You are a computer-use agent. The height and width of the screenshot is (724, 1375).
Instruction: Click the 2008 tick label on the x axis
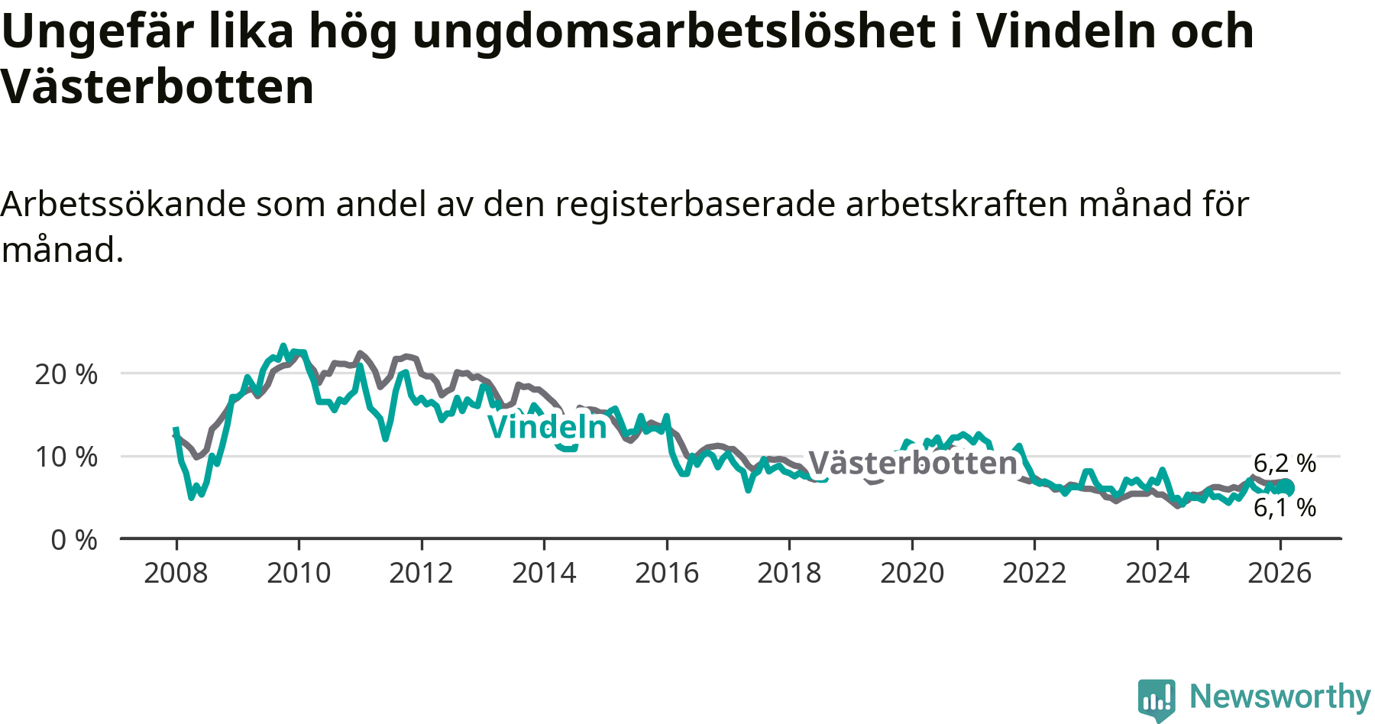click(x=176, y=573)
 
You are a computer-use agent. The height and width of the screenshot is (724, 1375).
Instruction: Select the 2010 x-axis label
click(x=299, y=573)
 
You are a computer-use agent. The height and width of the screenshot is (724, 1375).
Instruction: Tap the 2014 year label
click(x=544, y=573)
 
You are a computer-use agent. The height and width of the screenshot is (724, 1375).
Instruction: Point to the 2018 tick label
click(x=789, y=573)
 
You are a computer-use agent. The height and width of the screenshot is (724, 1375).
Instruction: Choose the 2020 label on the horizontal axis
click(x=912, y=573)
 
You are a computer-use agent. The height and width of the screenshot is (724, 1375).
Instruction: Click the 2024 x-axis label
click(x=1157, y=573)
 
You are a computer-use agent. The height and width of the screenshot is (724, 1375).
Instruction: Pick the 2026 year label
click(x=1280, y=573)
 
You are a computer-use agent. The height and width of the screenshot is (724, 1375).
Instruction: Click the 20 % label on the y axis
click(x=66, y=374)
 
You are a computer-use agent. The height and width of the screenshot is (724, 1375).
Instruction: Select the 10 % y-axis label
click(x=66, y=457)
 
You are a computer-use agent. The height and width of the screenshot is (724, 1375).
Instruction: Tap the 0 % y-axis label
click(x=74, y=540)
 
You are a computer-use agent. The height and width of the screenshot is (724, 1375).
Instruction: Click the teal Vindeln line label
click(x=548, y=427)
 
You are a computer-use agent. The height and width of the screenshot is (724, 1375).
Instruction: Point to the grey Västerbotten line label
click(x=913, y=463)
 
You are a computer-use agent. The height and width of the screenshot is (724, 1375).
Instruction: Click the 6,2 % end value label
click(x=1285, y=463)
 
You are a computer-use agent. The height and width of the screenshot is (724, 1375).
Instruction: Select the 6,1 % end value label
click(x=1285, y=507)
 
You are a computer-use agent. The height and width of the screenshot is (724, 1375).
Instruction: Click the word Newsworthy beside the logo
click(x=1280, y=697)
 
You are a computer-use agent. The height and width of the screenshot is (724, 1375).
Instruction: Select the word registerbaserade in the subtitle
click(x=695, y=204)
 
